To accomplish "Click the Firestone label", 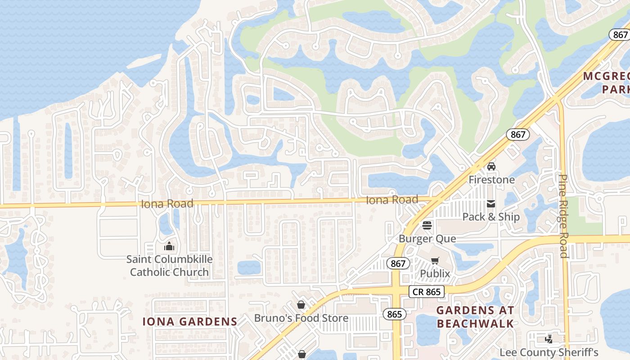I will click(x=491, y=180).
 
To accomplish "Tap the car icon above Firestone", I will click(x=491, y=166).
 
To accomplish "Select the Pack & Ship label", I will click(x=491, y=217).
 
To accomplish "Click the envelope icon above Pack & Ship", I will click(x=491, y=204).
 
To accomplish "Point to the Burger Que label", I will click(x=427, y=238).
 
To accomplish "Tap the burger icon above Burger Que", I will click(x=427, y=225).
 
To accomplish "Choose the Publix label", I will click(x=435, y=274).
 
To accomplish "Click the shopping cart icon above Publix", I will click(x=435, y=261).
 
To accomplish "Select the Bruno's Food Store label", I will click(x=301, y=318).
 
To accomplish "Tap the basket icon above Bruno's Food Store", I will click(x=301, y=305).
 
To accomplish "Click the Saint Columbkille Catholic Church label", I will click(x=169, y=265).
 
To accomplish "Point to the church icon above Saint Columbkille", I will click(x=169, y=246).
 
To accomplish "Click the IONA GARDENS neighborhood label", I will click(x=189, y=321).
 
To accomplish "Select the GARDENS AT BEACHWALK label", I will click(x=475, y=317).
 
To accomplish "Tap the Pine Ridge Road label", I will click(x=563, y=216).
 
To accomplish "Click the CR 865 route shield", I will click(x=427, y=292).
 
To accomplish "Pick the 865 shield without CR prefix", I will click(x=394, y=314).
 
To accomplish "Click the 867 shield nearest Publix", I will click(x=398, y=263).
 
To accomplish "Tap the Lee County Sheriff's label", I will click(x=549, y=352).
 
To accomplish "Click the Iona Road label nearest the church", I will click(x=167, y=203).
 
